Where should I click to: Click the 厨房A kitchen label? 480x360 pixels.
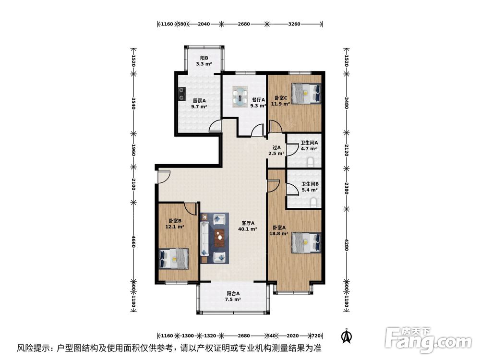199,104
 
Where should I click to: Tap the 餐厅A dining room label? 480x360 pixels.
259,103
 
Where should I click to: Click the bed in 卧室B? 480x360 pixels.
173,259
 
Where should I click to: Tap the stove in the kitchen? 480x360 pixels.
181,93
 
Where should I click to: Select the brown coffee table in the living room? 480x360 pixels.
220,236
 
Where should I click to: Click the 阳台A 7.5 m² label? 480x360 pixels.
233,296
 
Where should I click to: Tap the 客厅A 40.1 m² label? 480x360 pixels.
248,226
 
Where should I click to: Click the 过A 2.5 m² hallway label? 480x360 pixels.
276,151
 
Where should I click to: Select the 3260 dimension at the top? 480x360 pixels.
295,24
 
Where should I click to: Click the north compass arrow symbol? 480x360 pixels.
345,336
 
